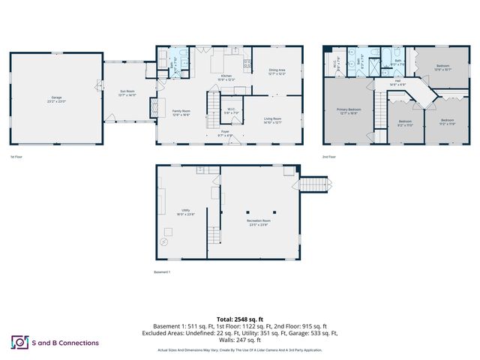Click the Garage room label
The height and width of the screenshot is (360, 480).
(x=56, y=100)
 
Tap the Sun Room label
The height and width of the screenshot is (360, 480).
(x=128, y=94)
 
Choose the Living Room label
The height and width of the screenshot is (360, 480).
(x=272, y=120)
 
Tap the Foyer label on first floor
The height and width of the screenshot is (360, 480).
(x=224, y=133)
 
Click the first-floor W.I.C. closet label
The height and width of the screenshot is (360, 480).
(x=232, y=111)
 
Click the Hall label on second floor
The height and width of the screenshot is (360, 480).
(x=397, y=82)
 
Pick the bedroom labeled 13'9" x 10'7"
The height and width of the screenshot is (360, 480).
(x=442, y=67)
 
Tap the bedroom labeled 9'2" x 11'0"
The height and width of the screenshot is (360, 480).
(x=405, y=123)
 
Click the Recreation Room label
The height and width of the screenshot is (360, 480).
(x=260, y=222)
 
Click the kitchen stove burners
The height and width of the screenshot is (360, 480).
(x=247, y=62)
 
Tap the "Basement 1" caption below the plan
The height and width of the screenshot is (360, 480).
(x=163, y=271)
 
